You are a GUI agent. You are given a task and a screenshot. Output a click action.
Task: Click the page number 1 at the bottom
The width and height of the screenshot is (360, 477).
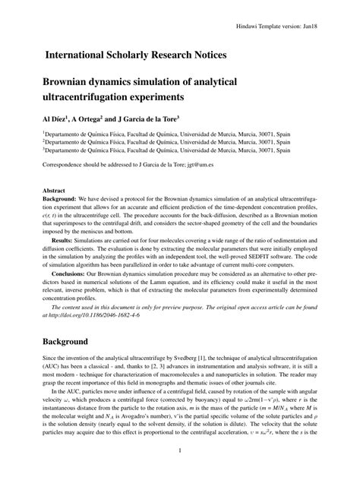tap(179, 458)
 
